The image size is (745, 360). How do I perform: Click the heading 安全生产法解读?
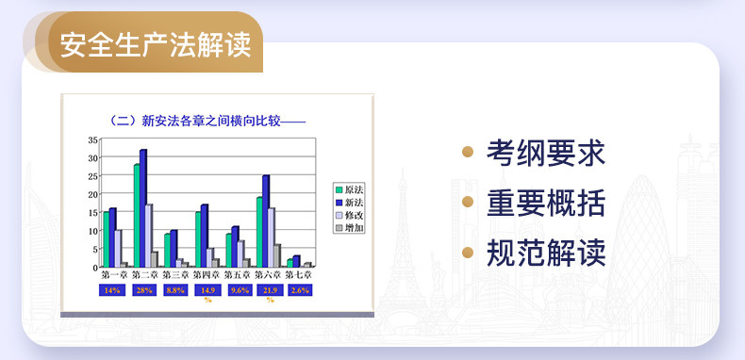(156, 44)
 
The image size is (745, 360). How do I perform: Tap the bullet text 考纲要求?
(546, 153)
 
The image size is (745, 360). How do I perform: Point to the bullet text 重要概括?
(546, 203)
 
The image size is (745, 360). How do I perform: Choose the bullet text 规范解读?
(546, 253)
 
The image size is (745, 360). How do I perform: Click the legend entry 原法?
(349, 190)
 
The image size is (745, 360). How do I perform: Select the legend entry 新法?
(349, 203)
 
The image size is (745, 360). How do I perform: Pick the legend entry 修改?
(349, 215)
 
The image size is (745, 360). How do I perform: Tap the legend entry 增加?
(349, 228)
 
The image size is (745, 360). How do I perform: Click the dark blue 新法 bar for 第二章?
(143, 208)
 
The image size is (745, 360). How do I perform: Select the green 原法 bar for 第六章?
(259, 232)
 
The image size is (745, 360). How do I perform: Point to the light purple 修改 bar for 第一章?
(118, 249)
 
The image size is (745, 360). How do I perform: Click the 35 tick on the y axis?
(92, 139)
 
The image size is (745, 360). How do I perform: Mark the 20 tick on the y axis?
(92, 194)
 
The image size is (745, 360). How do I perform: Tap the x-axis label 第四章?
(207, 274)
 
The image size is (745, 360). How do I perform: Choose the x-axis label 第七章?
(298, 274)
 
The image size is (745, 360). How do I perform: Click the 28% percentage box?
(142, 290)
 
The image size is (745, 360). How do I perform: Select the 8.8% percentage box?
(175, 290)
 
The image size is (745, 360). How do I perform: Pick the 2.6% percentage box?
(300, 290)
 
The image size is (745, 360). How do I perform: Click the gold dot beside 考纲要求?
(468, 152)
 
